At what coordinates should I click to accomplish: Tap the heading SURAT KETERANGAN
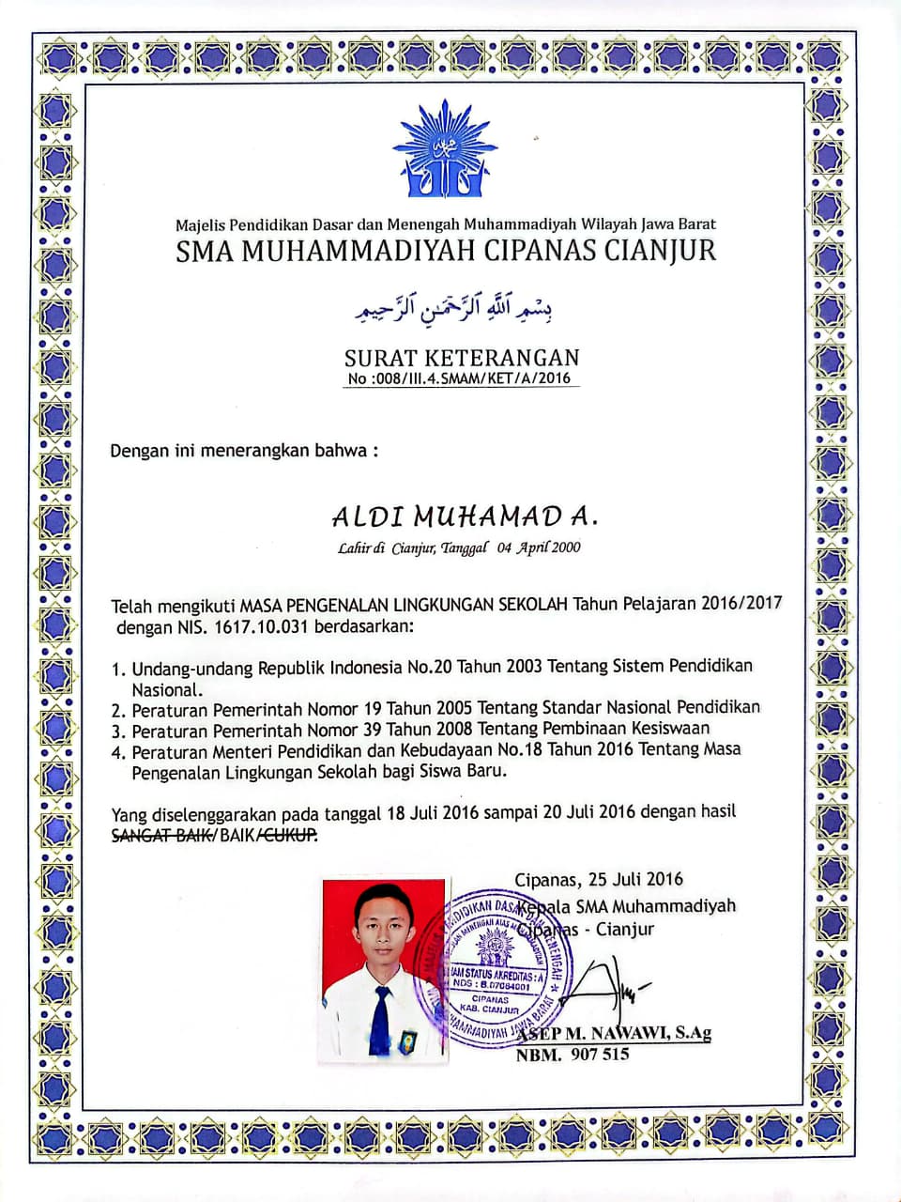tap(462, 357)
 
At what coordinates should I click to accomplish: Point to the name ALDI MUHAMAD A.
tap(464, 516)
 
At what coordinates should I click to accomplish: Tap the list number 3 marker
tap(118, 730)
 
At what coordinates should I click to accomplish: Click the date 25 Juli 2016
tap(635, 880)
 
